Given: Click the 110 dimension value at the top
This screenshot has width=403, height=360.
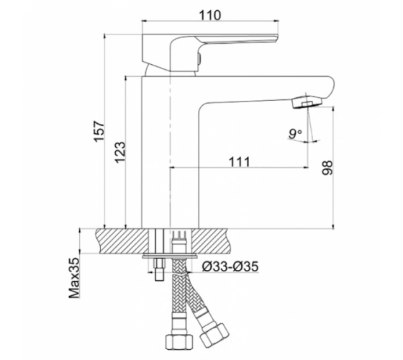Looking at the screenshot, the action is click(210, 15).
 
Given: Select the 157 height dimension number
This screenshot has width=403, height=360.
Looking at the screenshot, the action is click(99, 131).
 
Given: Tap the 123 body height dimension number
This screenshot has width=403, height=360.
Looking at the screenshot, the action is click(120, 152).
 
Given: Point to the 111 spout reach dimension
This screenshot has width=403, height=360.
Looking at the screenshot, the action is click(239, 162).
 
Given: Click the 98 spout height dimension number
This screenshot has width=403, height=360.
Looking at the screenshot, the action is click(327, 168).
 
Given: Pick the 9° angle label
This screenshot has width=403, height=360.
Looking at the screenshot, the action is click(295, 134).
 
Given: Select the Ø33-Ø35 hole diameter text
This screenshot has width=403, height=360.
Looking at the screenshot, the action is click(230, 266).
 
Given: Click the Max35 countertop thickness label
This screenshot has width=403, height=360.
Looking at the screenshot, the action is click(74, 278).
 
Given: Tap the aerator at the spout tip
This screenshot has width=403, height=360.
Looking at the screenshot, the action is click(307, 102).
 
